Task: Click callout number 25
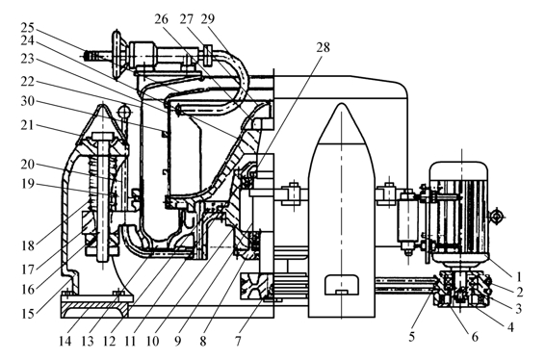[28, 28]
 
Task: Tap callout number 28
[323, 47]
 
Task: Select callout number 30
[28, 101]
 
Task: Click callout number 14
[65, 342]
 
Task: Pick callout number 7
[238, 342]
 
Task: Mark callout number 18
[28, 246]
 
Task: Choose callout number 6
[475, 337]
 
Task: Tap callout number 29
[208, 19]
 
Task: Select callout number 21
[28, 125]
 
